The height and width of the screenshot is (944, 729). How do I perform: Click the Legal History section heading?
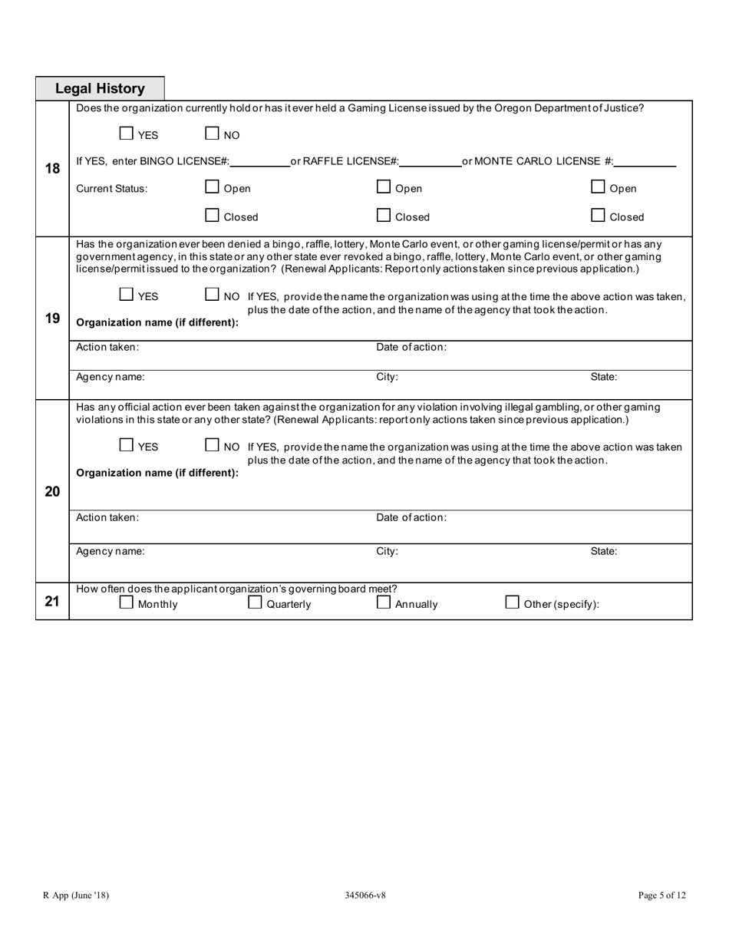(100, 89)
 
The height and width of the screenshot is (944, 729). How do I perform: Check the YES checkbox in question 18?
(127, 134)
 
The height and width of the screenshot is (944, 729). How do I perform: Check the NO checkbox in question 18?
(213, 134)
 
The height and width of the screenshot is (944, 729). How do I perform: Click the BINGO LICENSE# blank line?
(259, 161)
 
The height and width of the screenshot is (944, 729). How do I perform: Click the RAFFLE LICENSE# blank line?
(430, 161)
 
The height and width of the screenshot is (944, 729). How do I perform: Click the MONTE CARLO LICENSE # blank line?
(645, 161)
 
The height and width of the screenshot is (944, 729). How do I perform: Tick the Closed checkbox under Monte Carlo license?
(599, 216)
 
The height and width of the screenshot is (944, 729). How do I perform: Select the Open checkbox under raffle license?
(384, 186)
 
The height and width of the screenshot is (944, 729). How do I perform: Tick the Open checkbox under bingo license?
(213, 186)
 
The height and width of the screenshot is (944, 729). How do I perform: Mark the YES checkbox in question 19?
(127, 295)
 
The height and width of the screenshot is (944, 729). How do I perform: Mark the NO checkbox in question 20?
(213, 445)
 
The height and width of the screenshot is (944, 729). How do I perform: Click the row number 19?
(52, 318)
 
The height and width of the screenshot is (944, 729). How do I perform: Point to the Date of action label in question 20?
(411, 518)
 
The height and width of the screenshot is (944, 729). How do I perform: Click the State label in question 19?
(603, 378)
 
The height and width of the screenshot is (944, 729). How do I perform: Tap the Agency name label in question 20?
(111, 551)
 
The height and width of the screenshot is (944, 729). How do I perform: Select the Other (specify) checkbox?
(512, 602)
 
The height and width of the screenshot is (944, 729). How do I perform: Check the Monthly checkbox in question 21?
(127, 602)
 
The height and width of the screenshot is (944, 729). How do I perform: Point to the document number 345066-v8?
(365, 895)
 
